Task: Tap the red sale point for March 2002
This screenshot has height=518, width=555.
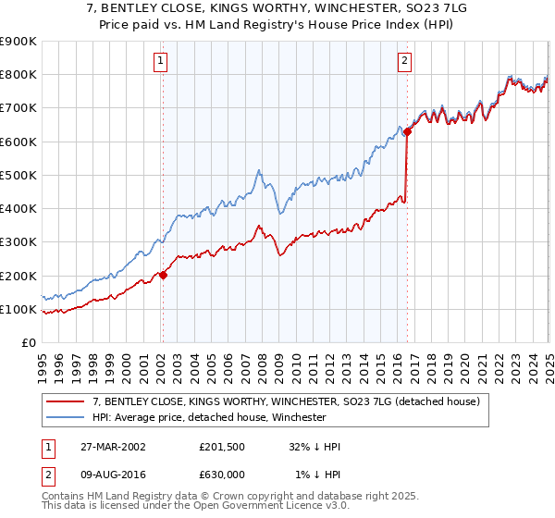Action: [163, 275]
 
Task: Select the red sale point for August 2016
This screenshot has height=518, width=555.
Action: [407, 132]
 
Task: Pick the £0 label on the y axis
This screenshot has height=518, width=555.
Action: [28, 343]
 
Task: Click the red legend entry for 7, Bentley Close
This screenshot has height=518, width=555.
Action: [277, 402]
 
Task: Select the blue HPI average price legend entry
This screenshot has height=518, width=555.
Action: [208, 418]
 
